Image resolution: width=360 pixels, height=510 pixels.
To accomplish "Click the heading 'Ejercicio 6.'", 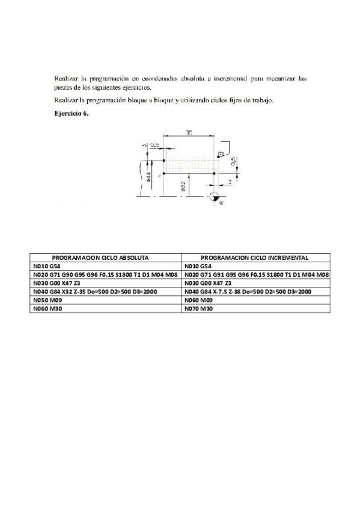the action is tap(72, 112).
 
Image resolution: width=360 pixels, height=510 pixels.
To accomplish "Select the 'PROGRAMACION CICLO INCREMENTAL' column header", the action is tap(255, 257).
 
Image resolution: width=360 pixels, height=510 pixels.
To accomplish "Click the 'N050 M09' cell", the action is tap(49, 300).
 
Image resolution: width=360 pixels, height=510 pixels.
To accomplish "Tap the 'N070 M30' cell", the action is tap(198, 308).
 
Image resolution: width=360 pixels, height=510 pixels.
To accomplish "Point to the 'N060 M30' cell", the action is tap(49, 308).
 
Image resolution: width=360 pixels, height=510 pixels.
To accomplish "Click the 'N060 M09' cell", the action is tap(198, 300).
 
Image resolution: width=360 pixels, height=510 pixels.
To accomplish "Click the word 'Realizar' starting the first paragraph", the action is tap(65, 78).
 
